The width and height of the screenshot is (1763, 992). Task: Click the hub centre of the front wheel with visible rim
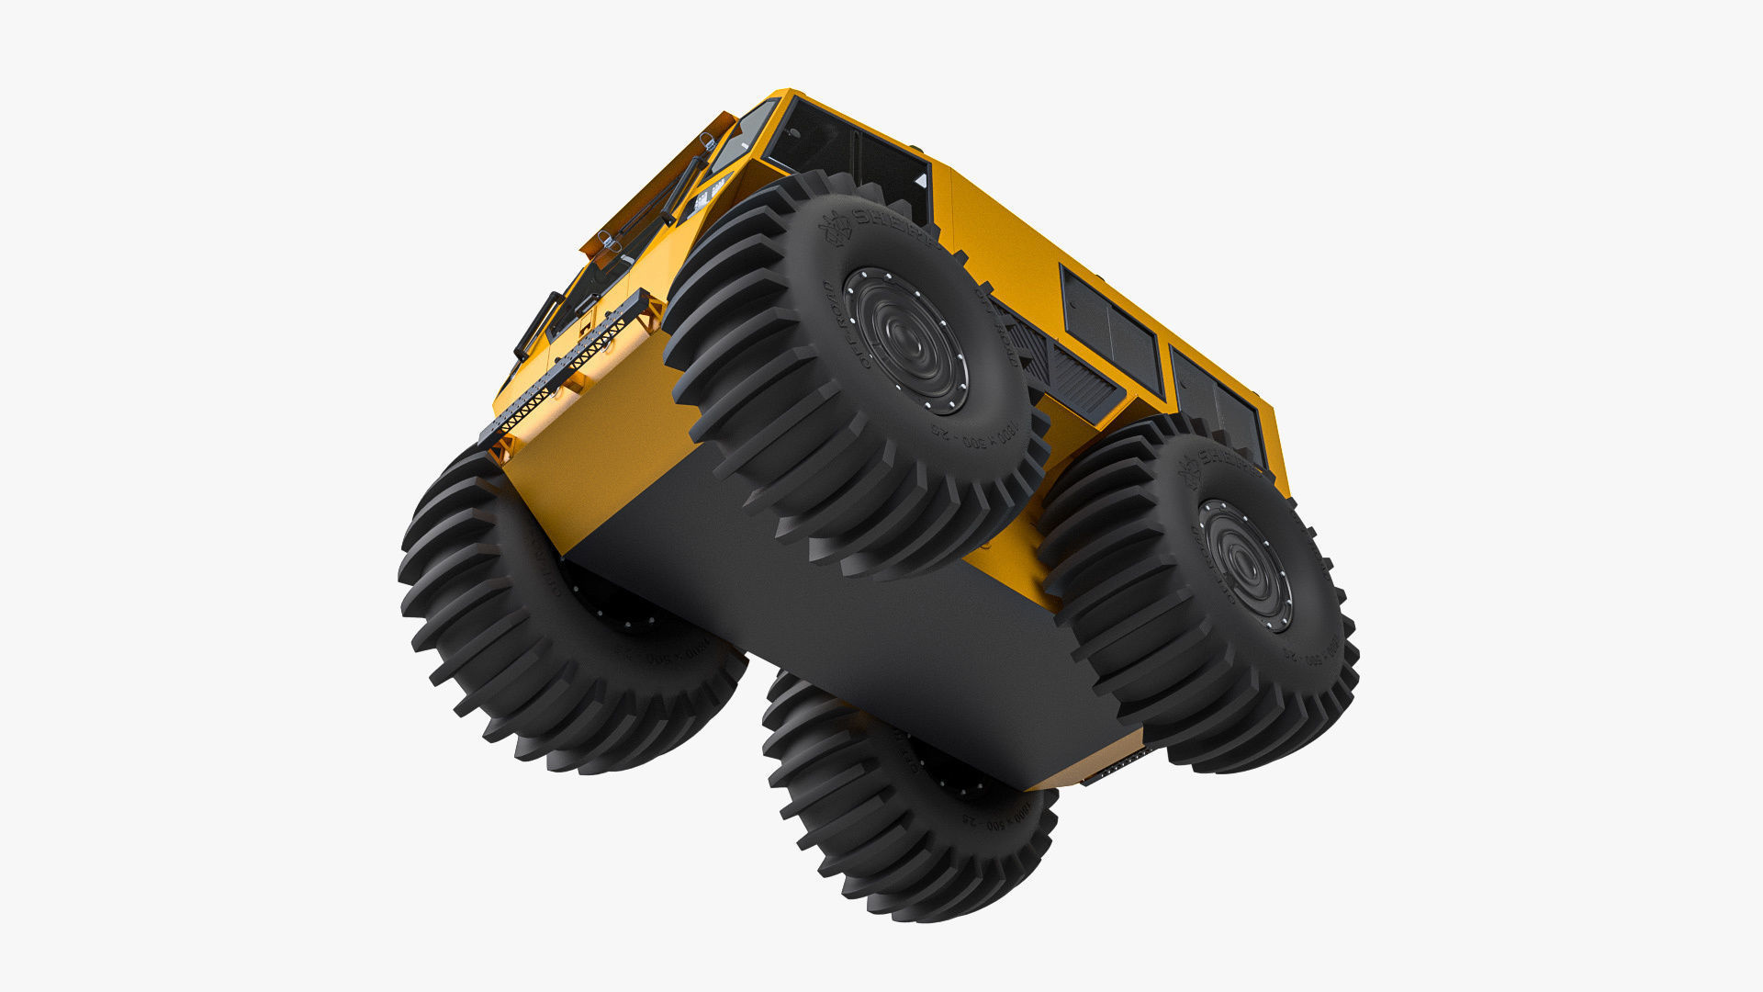point(905,341)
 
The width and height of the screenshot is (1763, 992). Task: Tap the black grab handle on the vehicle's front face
point(538,325)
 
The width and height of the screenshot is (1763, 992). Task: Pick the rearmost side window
point(1218,405)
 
